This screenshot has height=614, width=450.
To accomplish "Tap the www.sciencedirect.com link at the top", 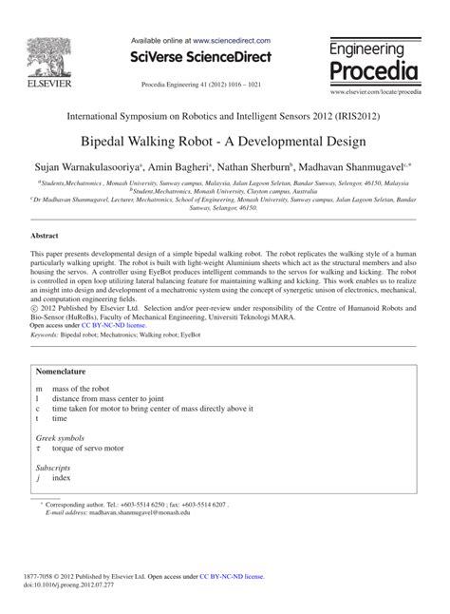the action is click(232, 42).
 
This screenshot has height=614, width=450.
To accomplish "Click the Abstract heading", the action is click(45, 234).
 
